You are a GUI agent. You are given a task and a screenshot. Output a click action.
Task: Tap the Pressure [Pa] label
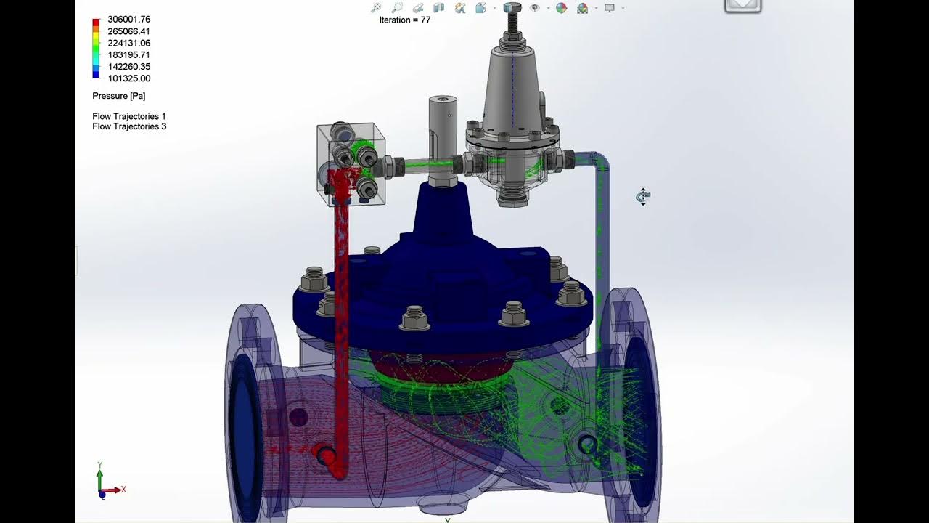point(119,96)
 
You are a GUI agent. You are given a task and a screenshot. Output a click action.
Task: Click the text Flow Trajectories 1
point(129,116)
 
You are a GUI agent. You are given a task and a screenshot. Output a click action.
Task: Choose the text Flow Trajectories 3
point(129,126)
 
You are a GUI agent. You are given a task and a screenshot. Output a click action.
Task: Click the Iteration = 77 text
point(404,20)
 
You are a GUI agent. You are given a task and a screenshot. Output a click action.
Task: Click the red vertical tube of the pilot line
point(340,291)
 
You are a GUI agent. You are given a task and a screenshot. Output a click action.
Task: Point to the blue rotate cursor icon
point(643,196)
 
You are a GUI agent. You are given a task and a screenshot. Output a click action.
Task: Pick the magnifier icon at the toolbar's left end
point(375,8)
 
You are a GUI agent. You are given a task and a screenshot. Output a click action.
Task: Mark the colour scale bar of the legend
point(96,48)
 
